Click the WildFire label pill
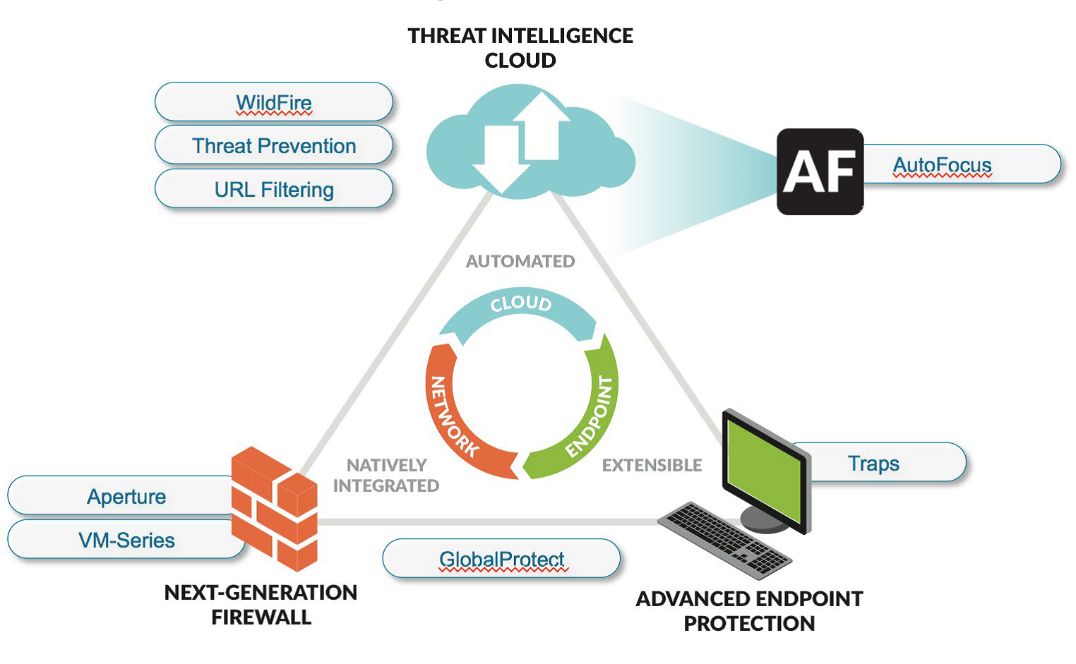[273, 102]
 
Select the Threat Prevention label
[273, 146]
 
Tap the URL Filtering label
[273, 189]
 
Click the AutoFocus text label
[942, 164]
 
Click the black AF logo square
[819, 171]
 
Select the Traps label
[873, 463]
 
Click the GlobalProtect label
[501, 559]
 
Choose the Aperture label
[126, 496]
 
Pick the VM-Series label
[126, 540]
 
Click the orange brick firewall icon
[275, 508]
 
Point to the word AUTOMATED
[520, 261]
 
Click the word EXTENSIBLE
[652, 465]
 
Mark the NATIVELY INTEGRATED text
[386, 475]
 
